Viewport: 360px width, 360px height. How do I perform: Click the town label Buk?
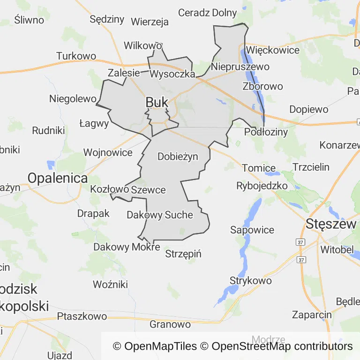(x=157, y=102)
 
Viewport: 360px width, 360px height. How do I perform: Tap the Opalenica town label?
(x=58, y=178)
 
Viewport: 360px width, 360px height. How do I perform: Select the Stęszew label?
(x=330, y=224)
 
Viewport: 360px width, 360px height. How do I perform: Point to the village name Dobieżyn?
(x=178, y=156)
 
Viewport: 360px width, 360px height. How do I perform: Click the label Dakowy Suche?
(x=160, y=215)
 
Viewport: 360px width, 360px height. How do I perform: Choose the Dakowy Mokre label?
(x=127, y=247)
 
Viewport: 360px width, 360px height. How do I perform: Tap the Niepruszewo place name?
(x=240, y=67)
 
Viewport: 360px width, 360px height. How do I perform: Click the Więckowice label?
(x=272, y=50)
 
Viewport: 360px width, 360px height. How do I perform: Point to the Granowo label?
(x=170, y=324)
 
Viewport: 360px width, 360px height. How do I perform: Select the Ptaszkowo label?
(x=82, y=316)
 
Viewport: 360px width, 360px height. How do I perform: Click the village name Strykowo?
(x=250, y=281)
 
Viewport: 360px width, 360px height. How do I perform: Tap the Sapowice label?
(x=252, y=230)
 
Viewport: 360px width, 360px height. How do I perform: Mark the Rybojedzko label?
(x=262, y=186)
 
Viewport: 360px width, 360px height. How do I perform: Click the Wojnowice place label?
(x=108, y=152)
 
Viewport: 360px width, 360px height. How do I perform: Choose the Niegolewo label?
(x=73, y=99)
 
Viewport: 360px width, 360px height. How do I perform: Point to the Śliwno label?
(x=29, y=20)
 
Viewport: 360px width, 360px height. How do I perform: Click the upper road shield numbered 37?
(x=300, y=242)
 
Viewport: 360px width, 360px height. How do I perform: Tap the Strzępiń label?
(x=183, y=254)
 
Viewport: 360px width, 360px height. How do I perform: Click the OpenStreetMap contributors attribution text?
(x=282, y=346)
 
